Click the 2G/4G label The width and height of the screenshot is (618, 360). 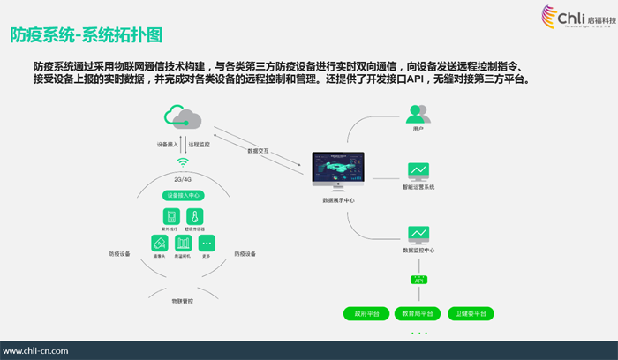tap(183, 179)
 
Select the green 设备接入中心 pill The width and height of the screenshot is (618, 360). tap(183, 195)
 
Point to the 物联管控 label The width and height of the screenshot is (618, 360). tap(183, 300)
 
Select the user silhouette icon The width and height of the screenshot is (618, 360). tap(418, 114)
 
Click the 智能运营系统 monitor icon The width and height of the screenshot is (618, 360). tap(418, 171)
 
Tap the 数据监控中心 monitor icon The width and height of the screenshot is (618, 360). tap(418, 235)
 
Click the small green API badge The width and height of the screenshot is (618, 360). tap(418, 280)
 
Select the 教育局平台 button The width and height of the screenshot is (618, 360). tap(418, 313)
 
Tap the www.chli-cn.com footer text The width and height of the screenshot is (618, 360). tap(36, 350)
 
